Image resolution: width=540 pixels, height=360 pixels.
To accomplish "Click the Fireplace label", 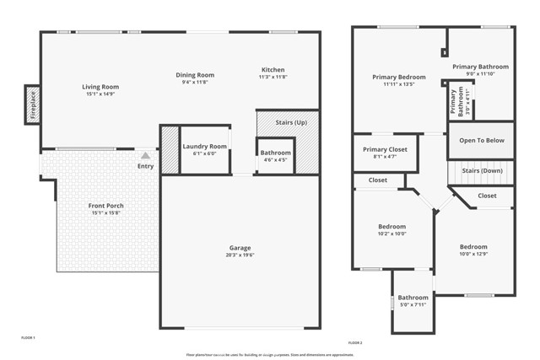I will coord(32,105).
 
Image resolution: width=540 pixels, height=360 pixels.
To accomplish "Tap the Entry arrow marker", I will coord(146,155).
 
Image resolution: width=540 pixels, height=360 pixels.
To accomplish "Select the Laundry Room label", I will coord(205,147).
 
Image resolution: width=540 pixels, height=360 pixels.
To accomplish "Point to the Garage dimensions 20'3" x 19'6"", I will coord(240,255).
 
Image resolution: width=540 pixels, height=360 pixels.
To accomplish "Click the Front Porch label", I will coord(106,206).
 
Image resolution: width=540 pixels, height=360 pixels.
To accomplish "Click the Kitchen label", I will coord(273,69).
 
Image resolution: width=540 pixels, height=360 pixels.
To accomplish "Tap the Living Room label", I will coord(100,87).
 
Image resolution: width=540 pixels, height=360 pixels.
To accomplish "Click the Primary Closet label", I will coord(385,149).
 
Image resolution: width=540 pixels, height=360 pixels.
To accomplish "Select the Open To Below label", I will coord(481,141).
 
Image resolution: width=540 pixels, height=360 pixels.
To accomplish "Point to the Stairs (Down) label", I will coord(482,170).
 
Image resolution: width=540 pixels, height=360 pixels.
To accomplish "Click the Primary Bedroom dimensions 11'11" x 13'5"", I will coord(399,84).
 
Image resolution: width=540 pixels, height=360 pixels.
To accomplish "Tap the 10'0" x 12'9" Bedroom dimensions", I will coord(473,255).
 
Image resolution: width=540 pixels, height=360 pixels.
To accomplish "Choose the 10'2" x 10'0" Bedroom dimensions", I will coord(391,234).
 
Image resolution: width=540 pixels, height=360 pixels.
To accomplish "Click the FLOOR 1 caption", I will coord(28,336).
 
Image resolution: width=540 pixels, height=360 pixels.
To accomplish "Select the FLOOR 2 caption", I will coord(355,343).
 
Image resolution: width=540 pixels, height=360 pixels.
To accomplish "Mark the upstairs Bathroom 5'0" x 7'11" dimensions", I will coord(413,304).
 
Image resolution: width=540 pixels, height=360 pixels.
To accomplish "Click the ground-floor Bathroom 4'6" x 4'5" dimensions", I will coord(275,159).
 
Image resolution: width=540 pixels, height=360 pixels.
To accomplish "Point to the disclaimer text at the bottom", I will coord(270,355).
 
